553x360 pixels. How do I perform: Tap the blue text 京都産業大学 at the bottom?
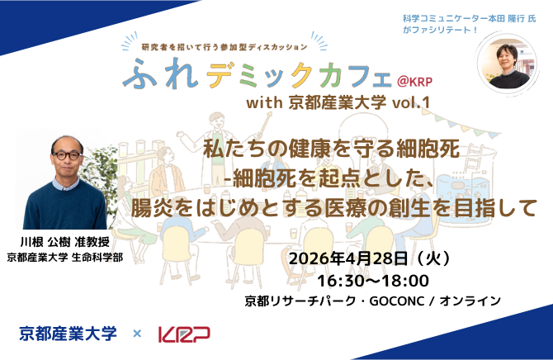point(69,334)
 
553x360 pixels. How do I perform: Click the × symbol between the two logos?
point(137,334)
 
